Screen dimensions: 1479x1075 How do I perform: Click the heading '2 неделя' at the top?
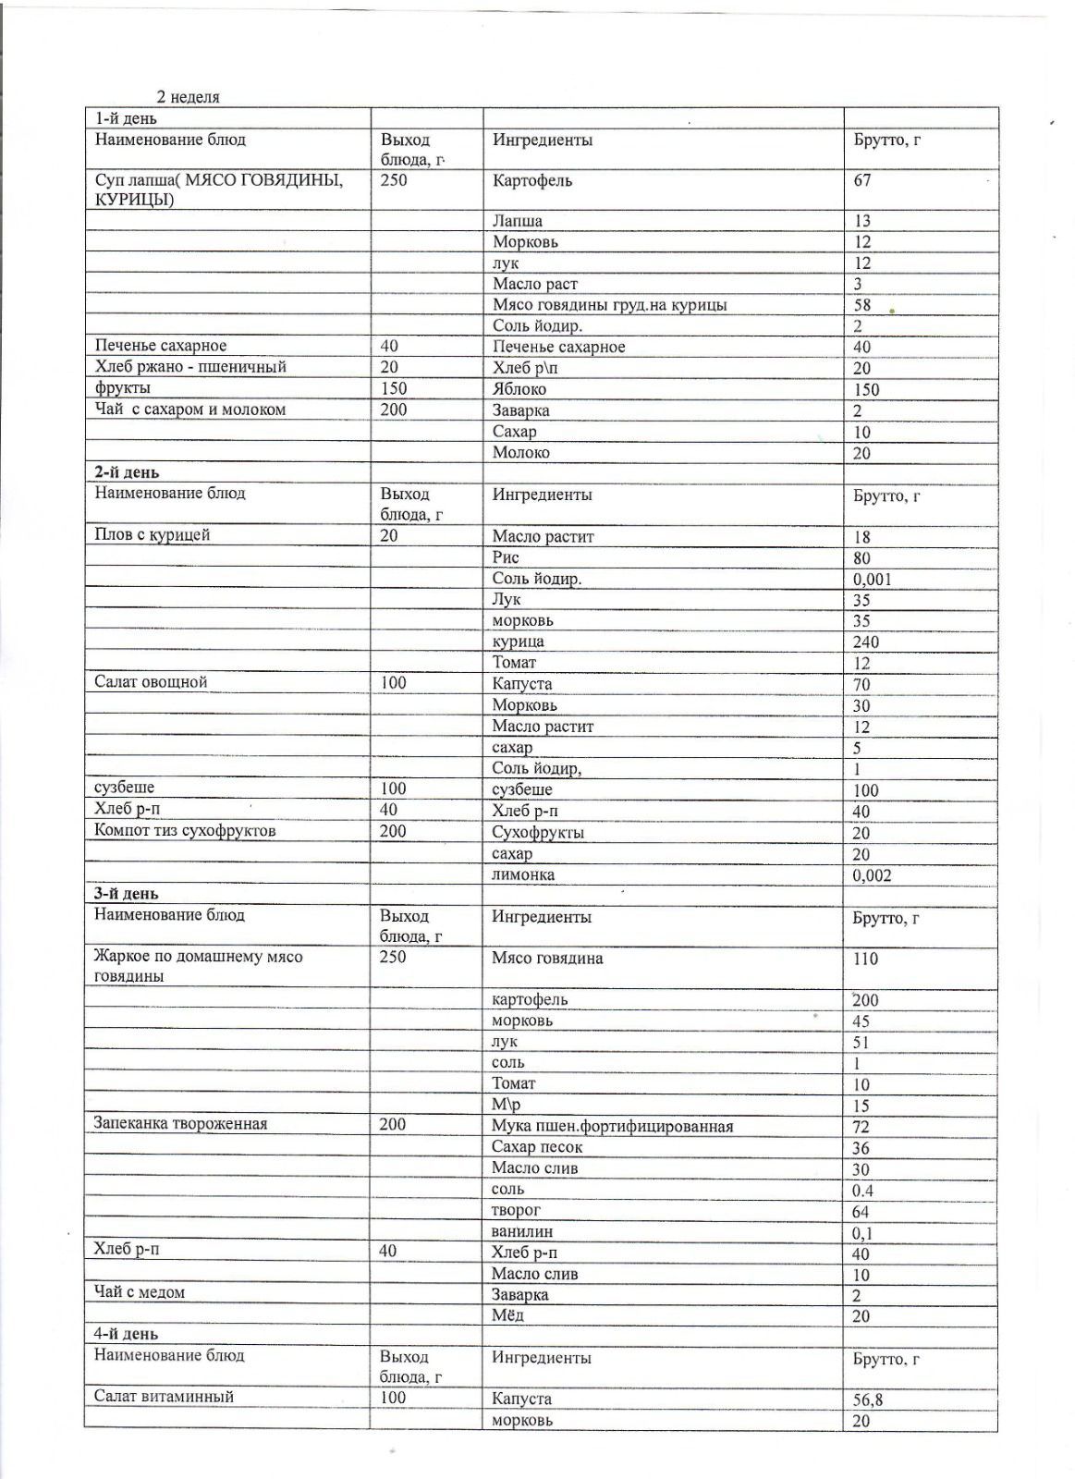[188, 97]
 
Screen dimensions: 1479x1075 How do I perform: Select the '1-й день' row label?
[126, 118]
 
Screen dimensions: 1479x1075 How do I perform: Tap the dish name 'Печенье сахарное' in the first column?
[161, 346]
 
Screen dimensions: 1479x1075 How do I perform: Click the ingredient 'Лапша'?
[518, 221]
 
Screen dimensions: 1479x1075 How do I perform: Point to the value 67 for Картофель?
[861, 180]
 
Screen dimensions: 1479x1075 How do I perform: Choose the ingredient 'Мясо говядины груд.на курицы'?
[609, 305]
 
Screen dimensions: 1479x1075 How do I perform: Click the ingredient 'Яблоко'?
[519, 389]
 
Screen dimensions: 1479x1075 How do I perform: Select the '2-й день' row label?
[127, 473]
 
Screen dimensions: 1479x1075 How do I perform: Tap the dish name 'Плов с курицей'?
[153, 534]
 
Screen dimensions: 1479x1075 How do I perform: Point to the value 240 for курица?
[865, 642]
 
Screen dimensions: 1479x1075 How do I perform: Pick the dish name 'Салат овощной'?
[151, 682]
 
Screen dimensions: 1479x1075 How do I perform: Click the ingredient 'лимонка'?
[523, 874]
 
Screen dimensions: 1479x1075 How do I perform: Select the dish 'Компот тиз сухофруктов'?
[185, 830]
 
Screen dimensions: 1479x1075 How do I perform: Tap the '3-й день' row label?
[127, 894]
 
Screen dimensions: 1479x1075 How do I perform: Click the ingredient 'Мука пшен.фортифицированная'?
[612, 1126]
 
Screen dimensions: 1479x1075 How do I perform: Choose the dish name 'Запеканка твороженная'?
[180, 1124]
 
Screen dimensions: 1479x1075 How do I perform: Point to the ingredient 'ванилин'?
[522, 1231]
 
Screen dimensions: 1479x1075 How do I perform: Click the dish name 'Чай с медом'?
[140, 1292]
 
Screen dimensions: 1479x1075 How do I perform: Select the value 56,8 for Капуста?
[867, 1400]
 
